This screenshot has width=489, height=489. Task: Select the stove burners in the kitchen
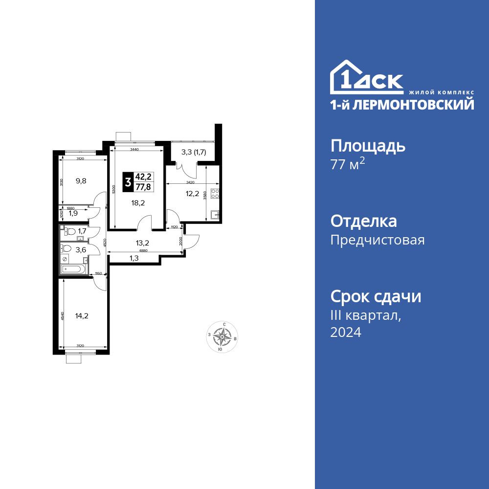click(x=215, y=192)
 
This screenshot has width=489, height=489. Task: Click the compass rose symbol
click(x=223, y=337)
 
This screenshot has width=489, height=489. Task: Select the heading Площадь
click(x=368, y=146)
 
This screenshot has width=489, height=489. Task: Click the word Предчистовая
click(x=378, y=240)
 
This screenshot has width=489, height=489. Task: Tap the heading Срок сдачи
click(x=376, y=296)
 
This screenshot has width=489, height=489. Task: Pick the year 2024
click(x=346, y=333)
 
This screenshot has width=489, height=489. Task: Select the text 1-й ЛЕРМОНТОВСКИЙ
click(x=402, y=104)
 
